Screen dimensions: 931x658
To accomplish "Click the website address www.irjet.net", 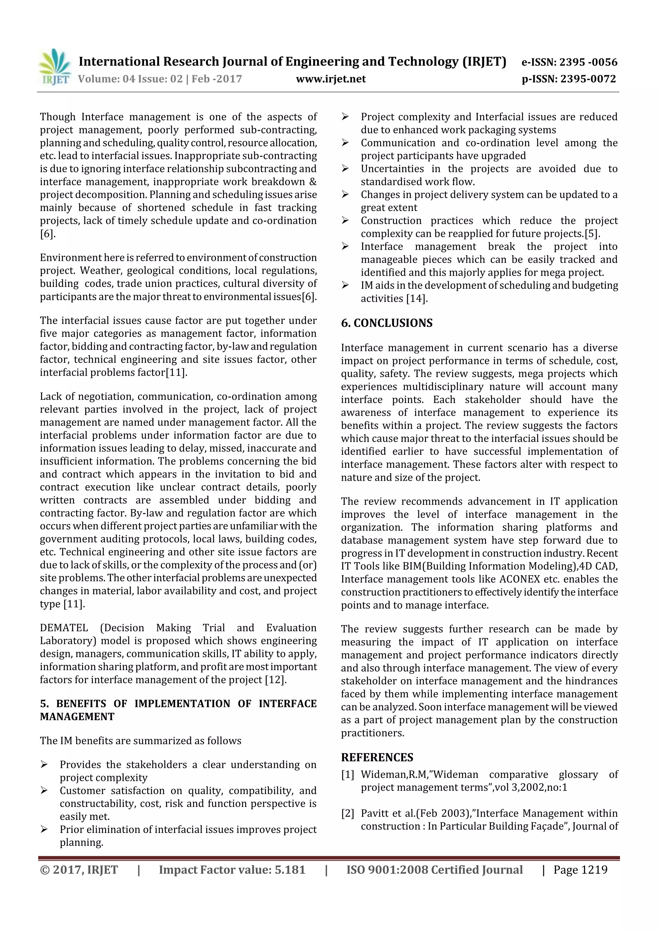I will point(331,79).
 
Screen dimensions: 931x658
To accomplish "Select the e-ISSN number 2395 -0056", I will point(588,62).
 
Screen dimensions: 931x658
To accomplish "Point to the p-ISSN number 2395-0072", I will point(588,79).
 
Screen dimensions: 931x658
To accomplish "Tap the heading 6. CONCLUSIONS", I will point(387,323).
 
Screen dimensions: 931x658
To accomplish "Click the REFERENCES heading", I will point(377,757).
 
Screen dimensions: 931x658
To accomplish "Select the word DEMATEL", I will point(64,628).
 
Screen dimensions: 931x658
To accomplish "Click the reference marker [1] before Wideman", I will point(347,775).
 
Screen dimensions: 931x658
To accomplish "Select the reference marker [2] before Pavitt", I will point(347,813).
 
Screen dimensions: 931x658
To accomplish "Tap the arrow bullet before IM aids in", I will point(345,285).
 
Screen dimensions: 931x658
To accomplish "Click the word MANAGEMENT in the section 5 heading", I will point(77,717).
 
